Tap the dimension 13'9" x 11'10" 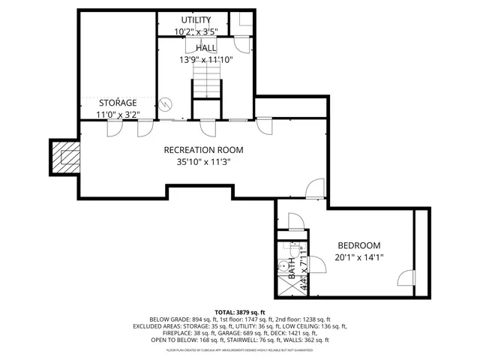pyautogui.click(x=205, y=60)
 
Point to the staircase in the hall pyautogui.click(x=204, y=81)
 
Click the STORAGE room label pyautogui.click(x=118, y=103)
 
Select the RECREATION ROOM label pyautogui.click(x=203, y=149)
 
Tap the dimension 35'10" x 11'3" pyautogui.click(x=203, y=160)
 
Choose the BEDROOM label pyautogui.click(x=358, y=245)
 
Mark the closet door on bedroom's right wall pyautogui.click(x=406, y=277)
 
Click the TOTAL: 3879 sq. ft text pyautogui.click(x=240, y=312)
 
